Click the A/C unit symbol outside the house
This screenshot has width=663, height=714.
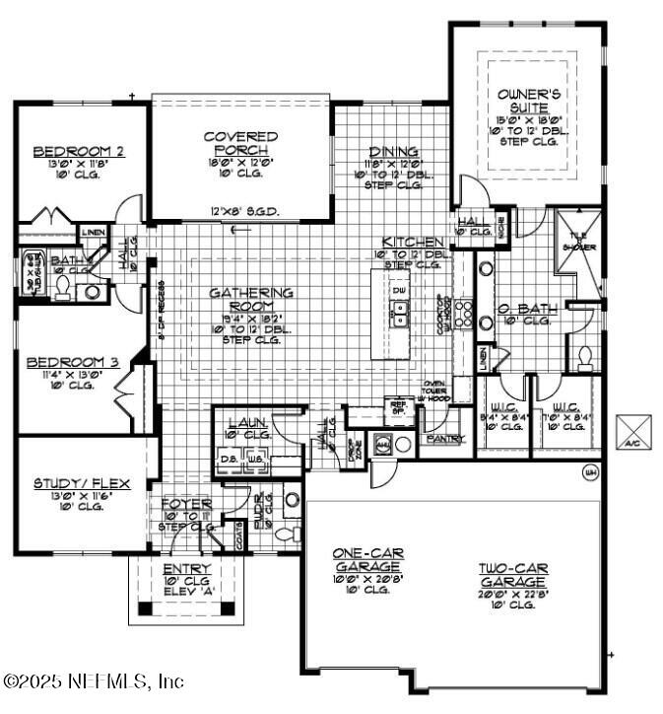tap(630, 430)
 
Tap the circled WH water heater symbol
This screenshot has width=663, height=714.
tap(591, 470)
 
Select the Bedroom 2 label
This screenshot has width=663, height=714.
tap(79, 151)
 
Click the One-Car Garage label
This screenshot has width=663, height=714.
tap(366, 560)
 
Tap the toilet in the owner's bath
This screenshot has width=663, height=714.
tap(583, 357)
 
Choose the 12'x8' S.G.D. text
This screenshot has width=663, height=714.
tap(238, 210)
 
